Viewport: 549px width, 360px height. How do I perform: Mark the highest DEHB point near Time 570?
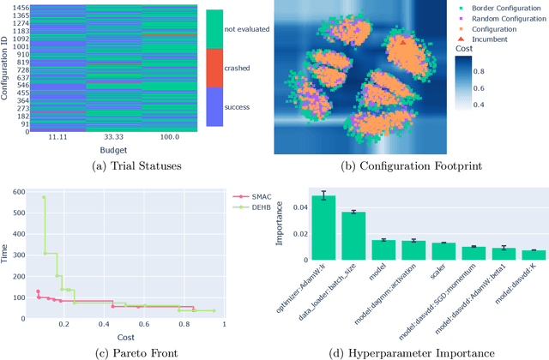44,197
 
